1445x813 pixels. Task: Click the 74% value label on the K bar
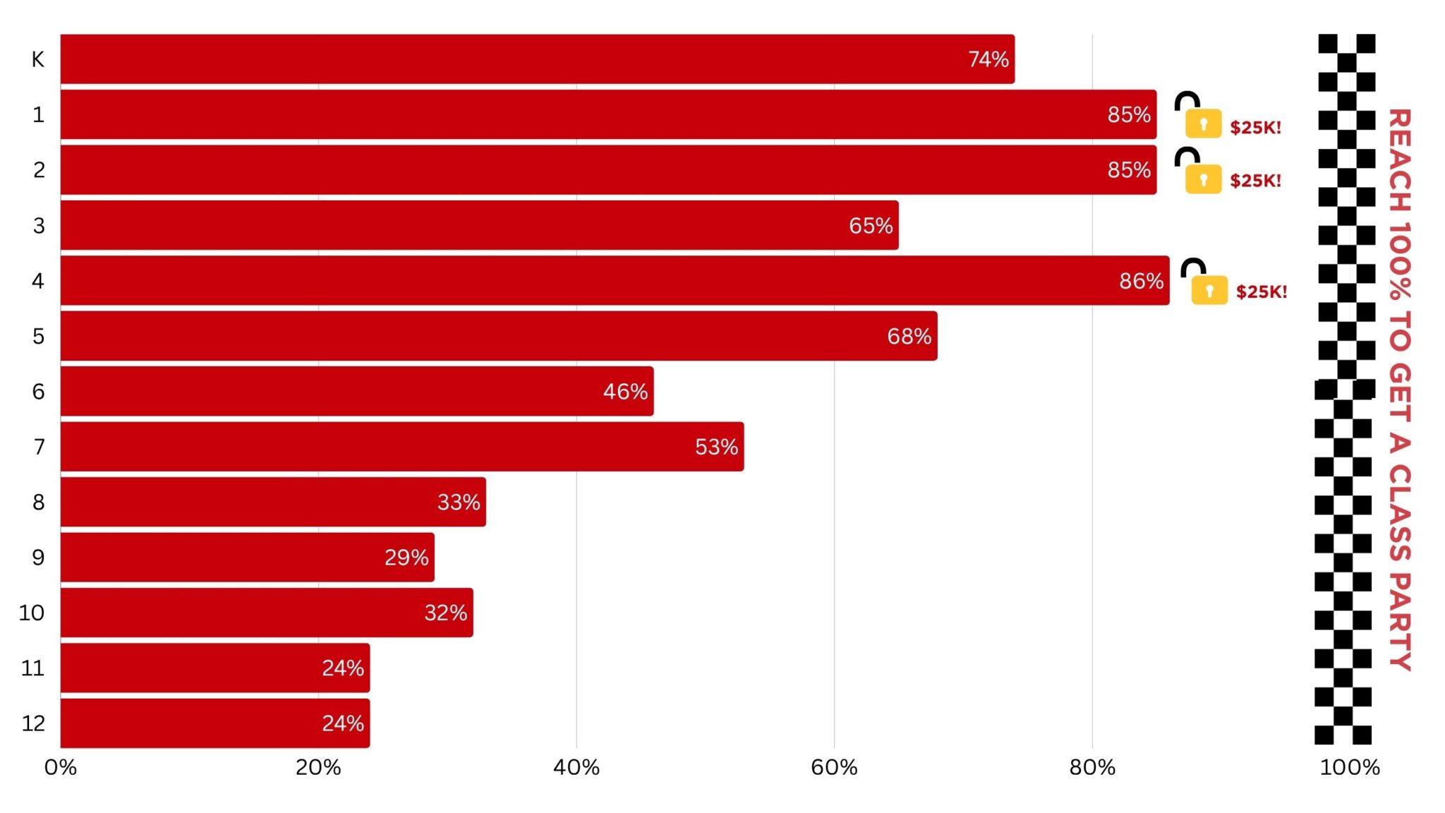(988, 59)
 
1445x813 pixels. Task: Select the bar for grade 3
(480, 225)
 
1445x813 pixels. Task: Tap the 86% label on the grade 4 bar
(1141, 281)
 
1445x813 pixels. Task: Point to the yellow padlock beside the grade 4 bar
(1209, 289)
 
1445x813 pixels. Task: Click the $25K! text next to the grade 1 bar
(1255, 128)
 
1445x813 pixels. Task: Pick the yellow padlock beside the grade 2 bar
(1203, 179)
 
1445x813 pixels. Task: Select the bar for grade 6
(357, 391)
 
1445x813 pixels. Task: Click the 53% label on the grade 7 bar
(716, 447)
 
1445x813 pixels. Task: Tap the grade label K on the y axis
(38, 59)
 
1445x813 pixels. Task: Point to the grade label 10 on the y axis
(32, 613)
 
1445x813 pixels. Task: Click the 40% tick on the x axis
(576, 767)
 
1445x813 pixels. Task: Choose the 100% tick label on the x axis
(1349, 767)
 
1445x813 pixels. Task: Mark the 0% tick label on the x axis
(61, 767)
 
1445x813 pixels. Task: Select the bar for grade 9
(247, 558)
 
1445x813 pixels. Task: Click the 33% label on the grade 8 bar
(459, 502)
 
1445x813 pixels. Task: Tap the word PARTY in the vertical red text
(1400, 621)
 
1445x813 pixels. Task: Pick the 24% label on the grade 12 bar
(343, 723)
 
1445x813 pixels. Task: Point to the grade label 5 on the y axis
(38, 336)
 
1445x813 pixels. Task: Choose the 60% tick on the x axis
(834, 767)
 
